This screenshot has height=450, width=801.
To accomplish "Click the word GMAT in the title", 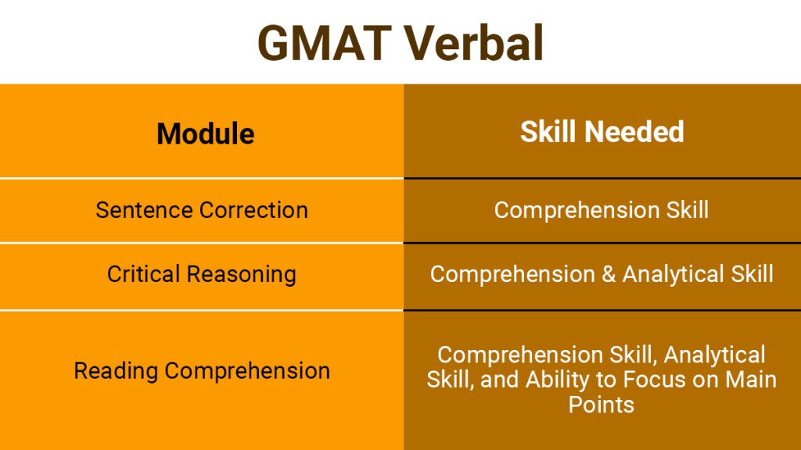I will point(325,43).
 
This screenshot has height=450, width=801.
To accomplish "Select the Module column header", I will point(205,134).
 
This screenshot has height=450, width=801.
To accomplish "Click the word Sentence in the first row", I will point(145,210).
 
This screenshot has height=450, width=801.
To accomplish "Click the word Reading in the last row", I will point(115,370).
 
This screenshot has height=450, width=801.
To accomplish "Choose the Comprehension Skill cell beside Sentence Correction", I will point(601,210).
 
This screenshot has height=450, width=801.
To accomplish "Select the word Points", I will point(601,404).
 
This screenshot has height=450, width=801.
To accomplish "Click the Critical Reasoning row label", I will point(202,274).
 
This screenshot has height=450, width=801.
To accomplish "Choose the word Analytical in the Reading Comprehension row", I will point(716,355).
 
